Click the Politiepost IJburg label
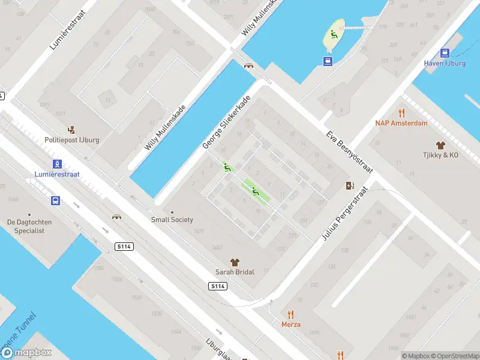pos(72,140)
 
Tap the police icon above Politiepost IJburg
pos(72,129)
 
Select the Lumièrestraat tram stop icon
pos(56,163)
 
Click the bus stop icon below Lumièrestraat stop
pos(55,201)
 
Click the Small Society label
pos(172,220)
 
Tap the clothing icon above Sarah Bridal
pos(235,262)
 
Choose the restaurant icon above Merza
pos(291,314)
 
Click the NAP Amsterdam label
pos(401,123)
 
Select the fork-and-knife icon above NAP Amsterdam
pos(401,113)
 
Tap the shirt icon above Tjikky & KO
pos(440,145)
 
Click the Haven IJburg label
pos(445,63)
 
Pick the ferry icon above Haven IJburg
pos(445,53)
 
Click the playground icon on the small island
pos(333,35)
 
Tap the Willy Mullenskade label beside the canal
pos(166,128)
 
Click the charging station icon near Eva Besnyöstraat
pos(350,186)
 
